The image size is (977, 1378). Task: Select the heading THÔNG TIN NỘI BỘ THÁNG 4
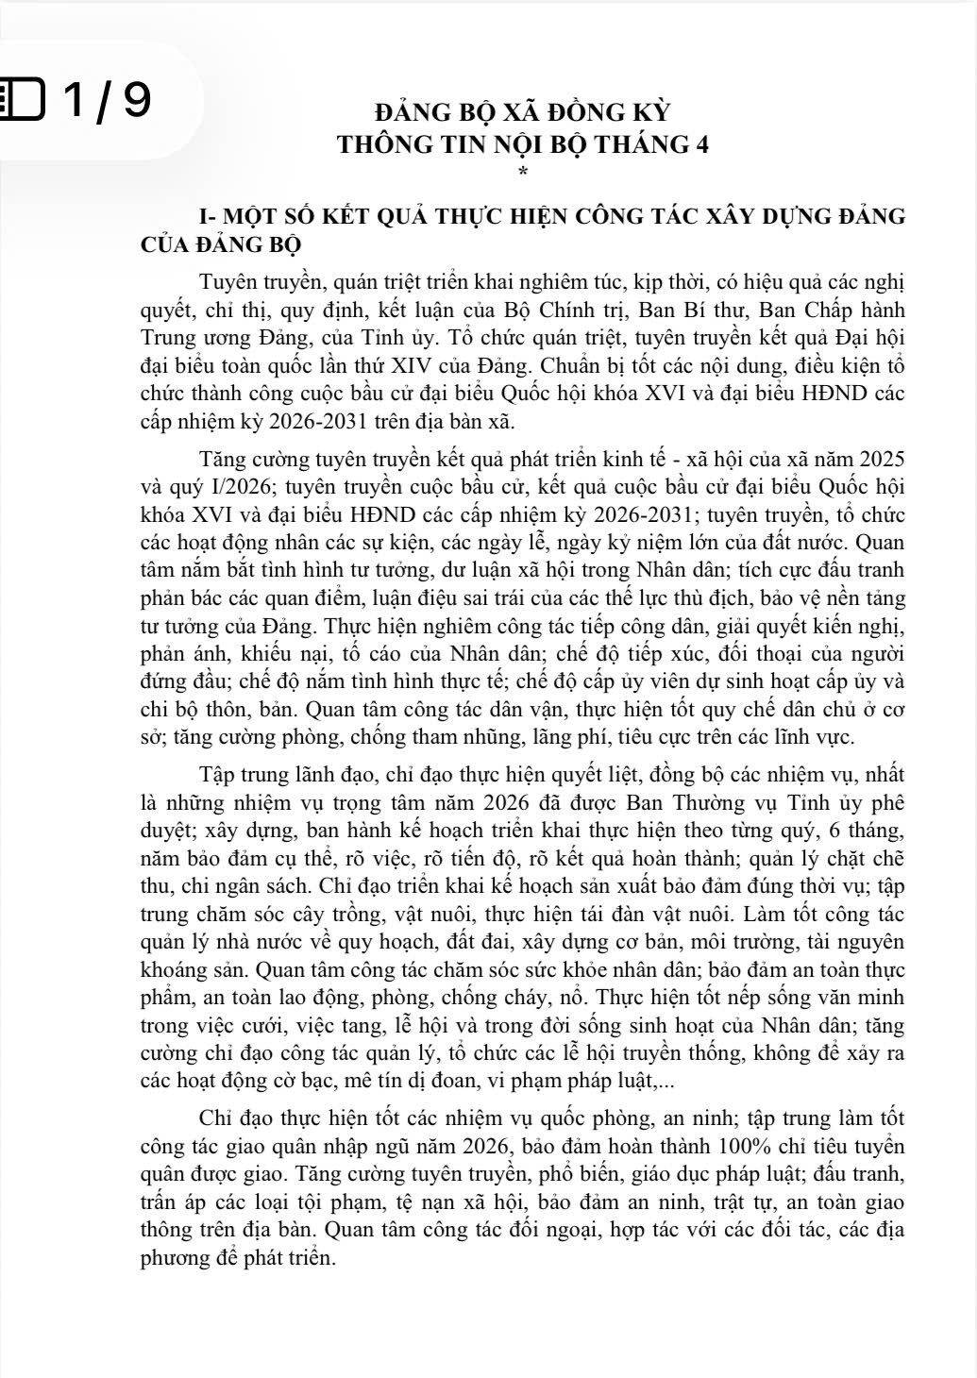[522, 145]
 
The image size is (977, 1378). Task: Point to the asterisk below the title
[520, 171]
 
